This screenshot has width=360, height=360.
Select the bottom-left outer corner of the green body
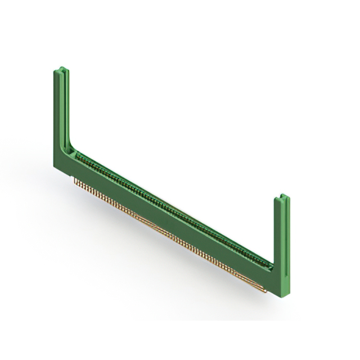click(55, 167)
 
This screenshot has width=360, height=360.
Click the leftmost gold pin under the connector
click(75, 181)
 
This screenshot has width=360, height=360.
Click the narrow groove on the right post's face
click(285, 242)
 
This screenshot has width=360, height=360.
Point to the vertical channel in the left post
click(65, 107)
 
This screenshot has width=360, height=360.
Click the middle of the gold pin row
click(169, 236)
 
